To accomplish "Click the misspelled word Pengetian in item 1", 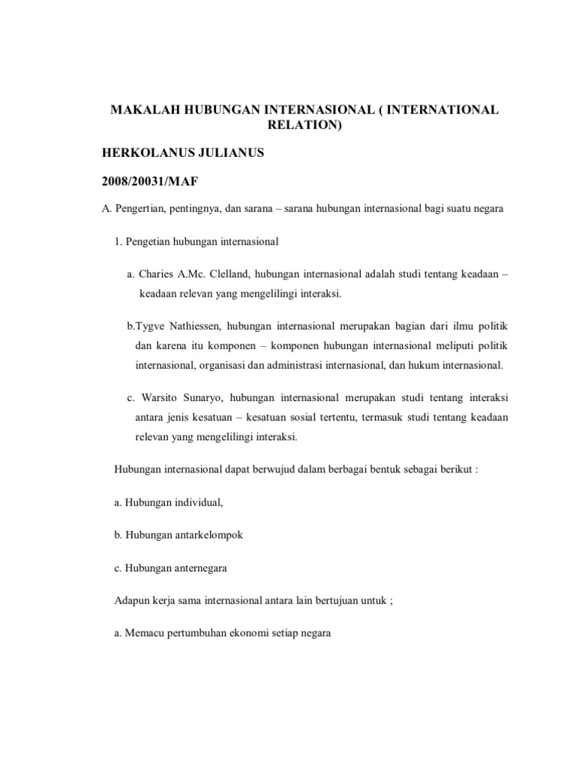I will pos(148,242).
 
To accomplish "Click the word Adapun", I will pos(130,601).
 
